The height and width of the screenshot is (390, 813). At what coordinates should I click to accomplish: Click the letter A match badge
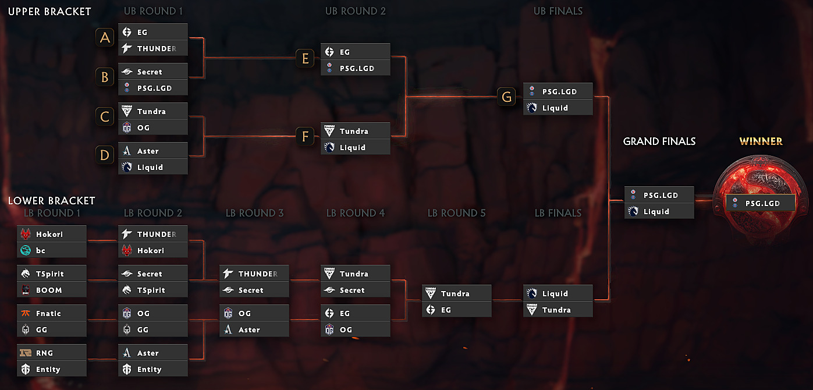[x=105, y=38]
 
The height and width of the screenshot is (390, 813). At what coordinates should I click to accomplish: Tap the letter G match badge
[x=507, y=97]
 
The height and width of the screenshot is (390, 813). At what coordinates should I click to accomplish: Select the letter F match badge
[x=304, y=137]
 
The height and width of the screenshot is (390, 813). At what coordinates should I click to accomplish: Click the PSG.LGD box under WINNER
[x=761, y=203]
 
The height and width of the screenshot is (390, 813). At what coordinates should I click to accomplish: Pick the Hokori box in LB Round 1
[x=52, y=234]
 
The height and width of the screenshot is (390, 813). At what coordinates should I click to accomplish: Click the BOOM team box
[x=52, y=290]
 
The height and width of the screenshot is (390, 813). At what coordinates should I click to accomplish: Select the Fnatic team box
[x=52, y=313]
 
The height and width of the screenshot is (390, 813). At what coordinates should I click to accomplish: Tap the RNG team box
[x=52, y=353]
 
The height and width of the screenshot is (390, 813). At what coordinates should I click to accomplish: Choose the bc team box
[x=52, y=250]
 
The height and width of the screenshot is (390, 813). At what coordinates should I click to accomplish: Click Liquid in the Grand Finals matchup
[x=659, y=211]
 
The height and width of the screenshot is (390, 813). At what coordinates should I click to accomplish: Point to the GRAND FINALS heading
[x=659, y=141]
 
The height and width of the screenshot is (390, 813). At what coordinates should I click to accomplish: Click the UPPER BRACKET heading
[x=49, y=11]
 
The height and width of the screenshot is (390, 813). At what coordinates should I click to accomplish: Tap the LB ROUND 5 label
[x=456, y=213]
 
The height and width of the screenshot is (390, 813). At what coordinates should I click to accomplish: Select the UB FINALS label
[x=558, y=11]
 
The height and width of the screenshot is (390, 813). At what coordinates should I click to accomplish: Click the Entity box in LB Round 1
[x=52, y=369]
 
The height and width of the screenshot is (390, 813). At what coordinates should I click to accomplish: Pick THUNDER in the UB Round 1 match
[x=153, y=48]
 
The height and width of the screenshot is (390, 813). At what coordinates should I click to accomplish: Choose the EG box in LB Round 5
[x=457, y=310]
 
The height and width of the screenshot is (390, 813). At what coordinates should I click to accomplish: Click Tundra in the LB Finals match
[x=558, y=310]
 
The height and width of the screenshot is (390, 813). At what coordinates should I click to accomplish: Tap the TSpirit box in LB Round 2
[x=153, y=290]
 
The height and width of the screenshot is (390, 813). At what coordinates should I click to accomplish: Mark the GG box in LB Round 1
[x=52, y=329]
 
